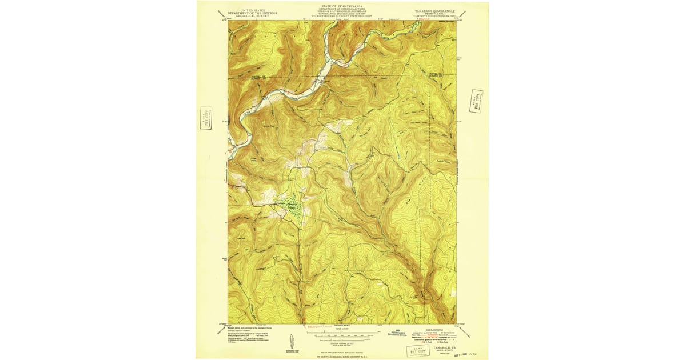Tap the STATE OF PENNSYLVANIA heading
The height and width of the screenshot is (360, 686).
pyautogui.click(x=342, y=5)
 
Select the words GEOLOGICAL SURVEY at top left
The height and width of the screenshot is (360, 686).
pyautogui.click(x=252, y=16)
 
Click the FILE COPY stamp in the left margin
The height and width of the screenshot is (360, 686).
pyautogui.click(x=206, y=118)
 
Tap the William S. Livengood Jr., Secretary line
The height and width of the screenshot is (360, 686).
pyautogui.click(x=342, y=11)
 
